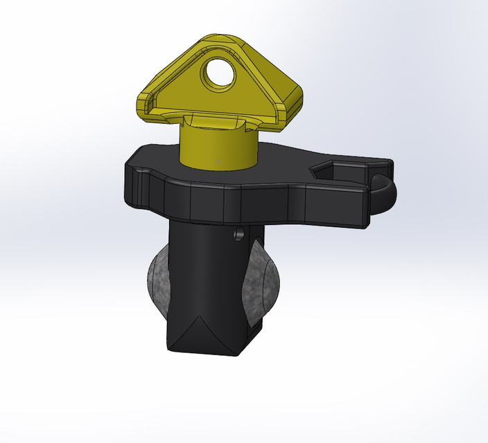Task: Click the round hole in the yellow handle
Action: pos(220,73)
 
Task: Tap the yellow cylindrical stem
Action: pos(215,145)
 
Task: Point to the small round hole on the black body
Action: pos(239,235)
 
